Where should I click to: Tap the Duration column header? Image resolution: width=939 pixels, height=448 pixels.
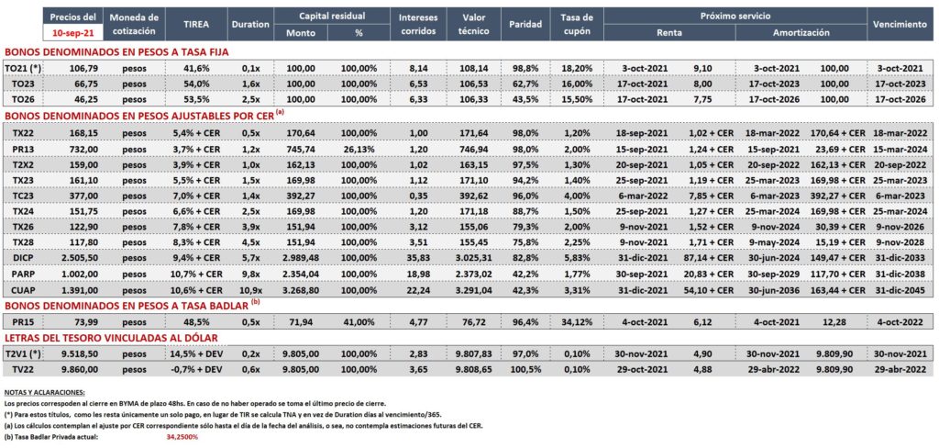coord(249,25)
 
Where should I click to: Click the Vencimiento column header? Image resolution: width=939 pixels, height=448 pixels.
coord(900,25)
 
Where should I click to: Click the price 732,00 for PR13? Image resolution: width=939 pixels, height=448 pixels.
coord(72,148)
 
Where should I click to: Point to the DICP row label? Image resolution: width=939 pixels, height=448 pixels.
coord(22,257)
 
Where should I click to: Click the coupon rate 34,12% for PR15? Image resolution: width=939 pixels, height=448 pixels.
coord(578,321)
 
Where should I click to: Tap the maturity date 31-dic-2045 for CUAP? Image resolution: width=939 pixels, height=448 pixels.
coord(901,289)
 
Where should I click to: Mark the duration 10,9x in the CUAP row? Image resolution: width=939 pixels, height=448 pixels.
coord(249,289)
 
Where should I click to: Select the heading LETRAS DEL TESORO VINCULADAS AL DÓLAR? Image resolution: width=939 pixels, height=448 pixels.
coord(111,338)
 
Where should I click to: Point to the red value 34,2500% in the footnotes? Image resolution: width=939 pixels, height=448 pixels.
coord(182,437)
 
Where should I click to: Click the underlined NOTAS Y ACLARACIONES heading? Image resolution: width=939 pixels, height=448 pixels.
coord(44,392)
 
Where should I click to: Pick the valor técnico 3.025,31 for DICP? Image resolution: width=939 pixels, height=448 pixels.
coord(475,257)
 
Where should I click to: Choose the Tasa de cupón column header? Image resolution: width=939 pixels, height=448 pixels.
coord(578,25)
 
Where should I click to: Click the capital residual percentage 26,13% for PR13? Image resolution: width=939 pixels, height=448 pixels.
coord(359,148)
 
